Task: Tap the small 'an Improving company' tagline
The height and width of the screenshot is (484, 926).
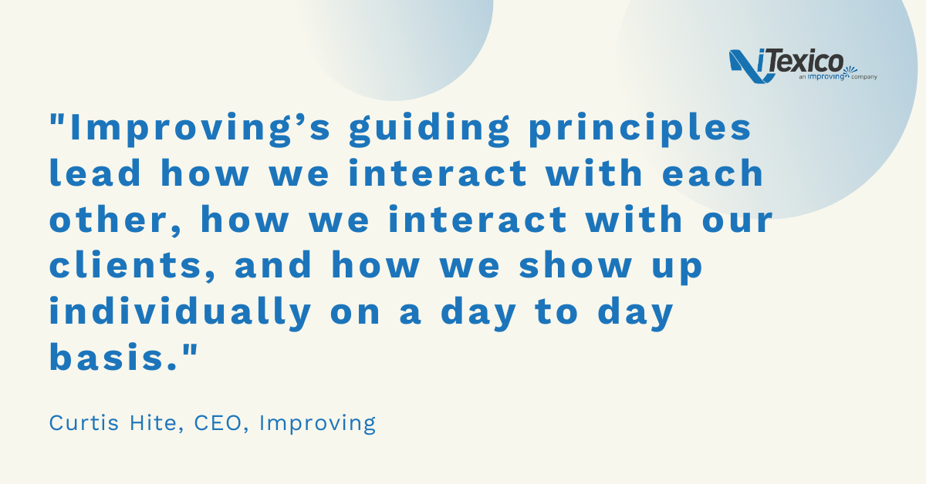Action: pos(838,76)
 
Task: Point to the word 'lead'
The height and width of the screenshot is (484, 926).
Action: pos(95,173)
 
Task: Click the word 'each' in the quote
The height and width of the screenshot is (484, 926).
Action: pos(713,173)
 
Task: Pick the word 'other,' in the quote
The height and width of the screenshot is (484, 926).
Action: pos(115,220)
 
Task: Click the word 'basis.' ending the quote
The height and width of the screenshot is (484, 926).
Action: pos(113,357)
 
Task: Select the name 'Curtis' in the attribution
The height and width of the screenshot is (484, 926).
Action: pos(84,423)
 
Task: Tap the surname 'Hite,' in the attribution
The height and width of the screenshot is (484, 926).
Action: pos(156,423)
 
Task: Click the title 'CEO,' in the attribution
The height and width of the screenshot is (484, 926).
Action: pos(221,423)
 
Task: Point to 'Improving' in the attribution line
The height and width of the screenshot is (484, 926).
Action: pos(317,424)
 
